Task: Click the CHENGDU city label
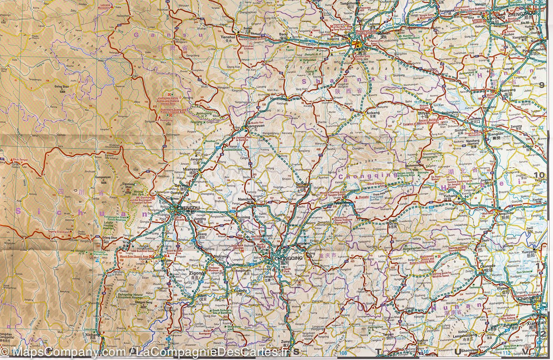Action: [188, 208]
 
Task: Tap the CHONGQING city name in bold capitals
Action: [288, 258]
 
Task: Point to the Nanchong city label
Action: [246, 199]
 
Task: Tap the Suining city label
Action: [243, 217]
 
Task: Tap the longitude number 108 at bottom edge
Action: [344, 353]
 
